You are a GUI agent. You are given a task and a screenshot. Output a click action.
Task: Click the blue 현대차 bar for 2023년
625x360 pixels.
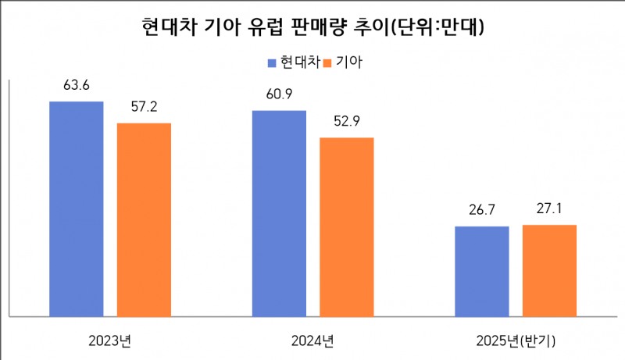pos(77,209)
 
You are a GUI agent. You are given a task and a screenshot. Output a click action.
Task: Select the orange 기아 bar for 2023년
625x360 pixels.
pos(144,219)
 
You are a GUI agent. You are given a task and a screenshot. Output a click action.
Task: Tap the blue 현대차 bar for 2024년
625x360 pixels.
pos(279,213)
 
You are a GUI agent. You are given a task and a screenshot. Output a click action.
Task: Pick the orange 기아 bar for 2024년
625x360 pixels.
pos(347,227)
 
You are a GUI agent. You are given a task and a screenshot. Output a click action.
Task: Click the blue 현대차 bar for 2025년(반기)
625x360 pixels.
pos(482,271)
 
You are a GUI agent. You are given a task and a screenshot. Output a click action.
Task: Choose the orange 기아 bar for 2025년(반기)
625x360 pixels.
pos(549,270)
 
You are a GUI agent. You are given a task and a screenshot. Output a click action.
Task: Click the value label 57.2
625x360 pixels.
pos(144,107)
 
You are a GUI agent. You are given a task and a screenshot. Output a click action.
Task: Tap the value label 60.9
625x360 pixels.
pos(279,94)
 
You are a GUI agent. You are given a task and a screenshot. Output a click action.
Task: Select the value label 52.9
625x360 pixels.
pos(347,122)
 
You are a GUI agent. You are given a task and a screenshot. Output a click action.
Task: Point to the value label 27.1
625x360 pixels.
pos(549,209)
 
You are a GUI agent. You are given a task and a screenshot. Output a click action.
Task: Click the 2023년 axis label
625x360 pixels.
pos(110,340)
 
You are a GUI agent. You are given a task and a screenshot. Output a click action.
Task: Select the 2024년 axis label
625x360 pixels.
pos(312,340)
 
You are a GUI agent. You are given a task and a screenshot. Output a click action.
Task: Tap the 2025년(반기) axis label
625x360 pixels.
pos(516,340)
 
